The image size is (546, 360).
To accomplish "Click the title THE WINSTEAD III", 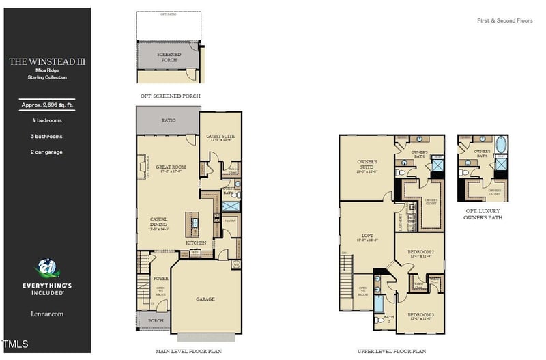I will pyautogui.click(x=47, y=61).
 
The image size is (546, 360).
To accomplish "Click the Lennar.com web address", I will pyautogui.click(x=47, y=314).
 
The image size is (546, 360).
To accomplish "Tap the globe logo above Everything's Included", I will pyautogui.click(x=46, y=268).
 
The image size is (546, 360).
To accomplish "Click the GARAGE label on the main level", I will pyautogui.click(x=205, y=299).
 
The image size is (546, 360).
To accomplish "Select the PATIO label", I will pyautogui.click(x=168, y=120).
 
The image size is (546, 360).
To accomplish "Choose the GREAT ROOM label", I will pyautogui.click(x=171, y=166).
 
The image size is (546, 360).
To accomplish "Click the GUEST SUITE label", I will pyautogui.click(x=220, y=137).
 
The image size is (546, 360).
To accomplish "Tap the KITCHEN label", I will pyautogui.click(x=197, y=243).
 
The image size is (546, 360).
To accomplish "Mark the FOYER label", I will pyautogui.click(x=160, y=278).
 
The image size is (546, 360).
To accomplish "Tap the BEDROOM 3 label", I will pyautogui.click(x=420, y=315).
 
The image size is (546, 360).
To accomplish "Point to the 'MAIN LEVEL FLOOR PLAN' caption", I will pyautogui.click(x=188, y=351).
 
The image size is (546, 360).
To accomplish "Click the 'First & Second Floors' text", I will pyautogui.click(x=504, y=20).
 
